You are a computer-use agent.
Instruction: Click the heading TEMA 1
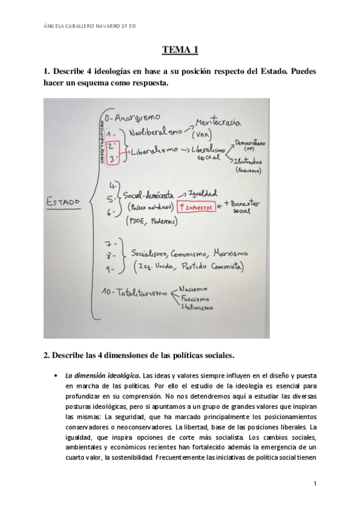(x=180, y=51)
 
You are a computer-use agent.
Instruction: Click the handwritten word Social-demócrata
(x=148, y=195)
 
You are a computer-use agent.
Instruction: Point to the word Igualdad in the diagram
(x=203, y=194)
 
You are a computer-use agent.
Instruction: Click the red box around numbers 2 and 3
(x=112, y=155)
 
